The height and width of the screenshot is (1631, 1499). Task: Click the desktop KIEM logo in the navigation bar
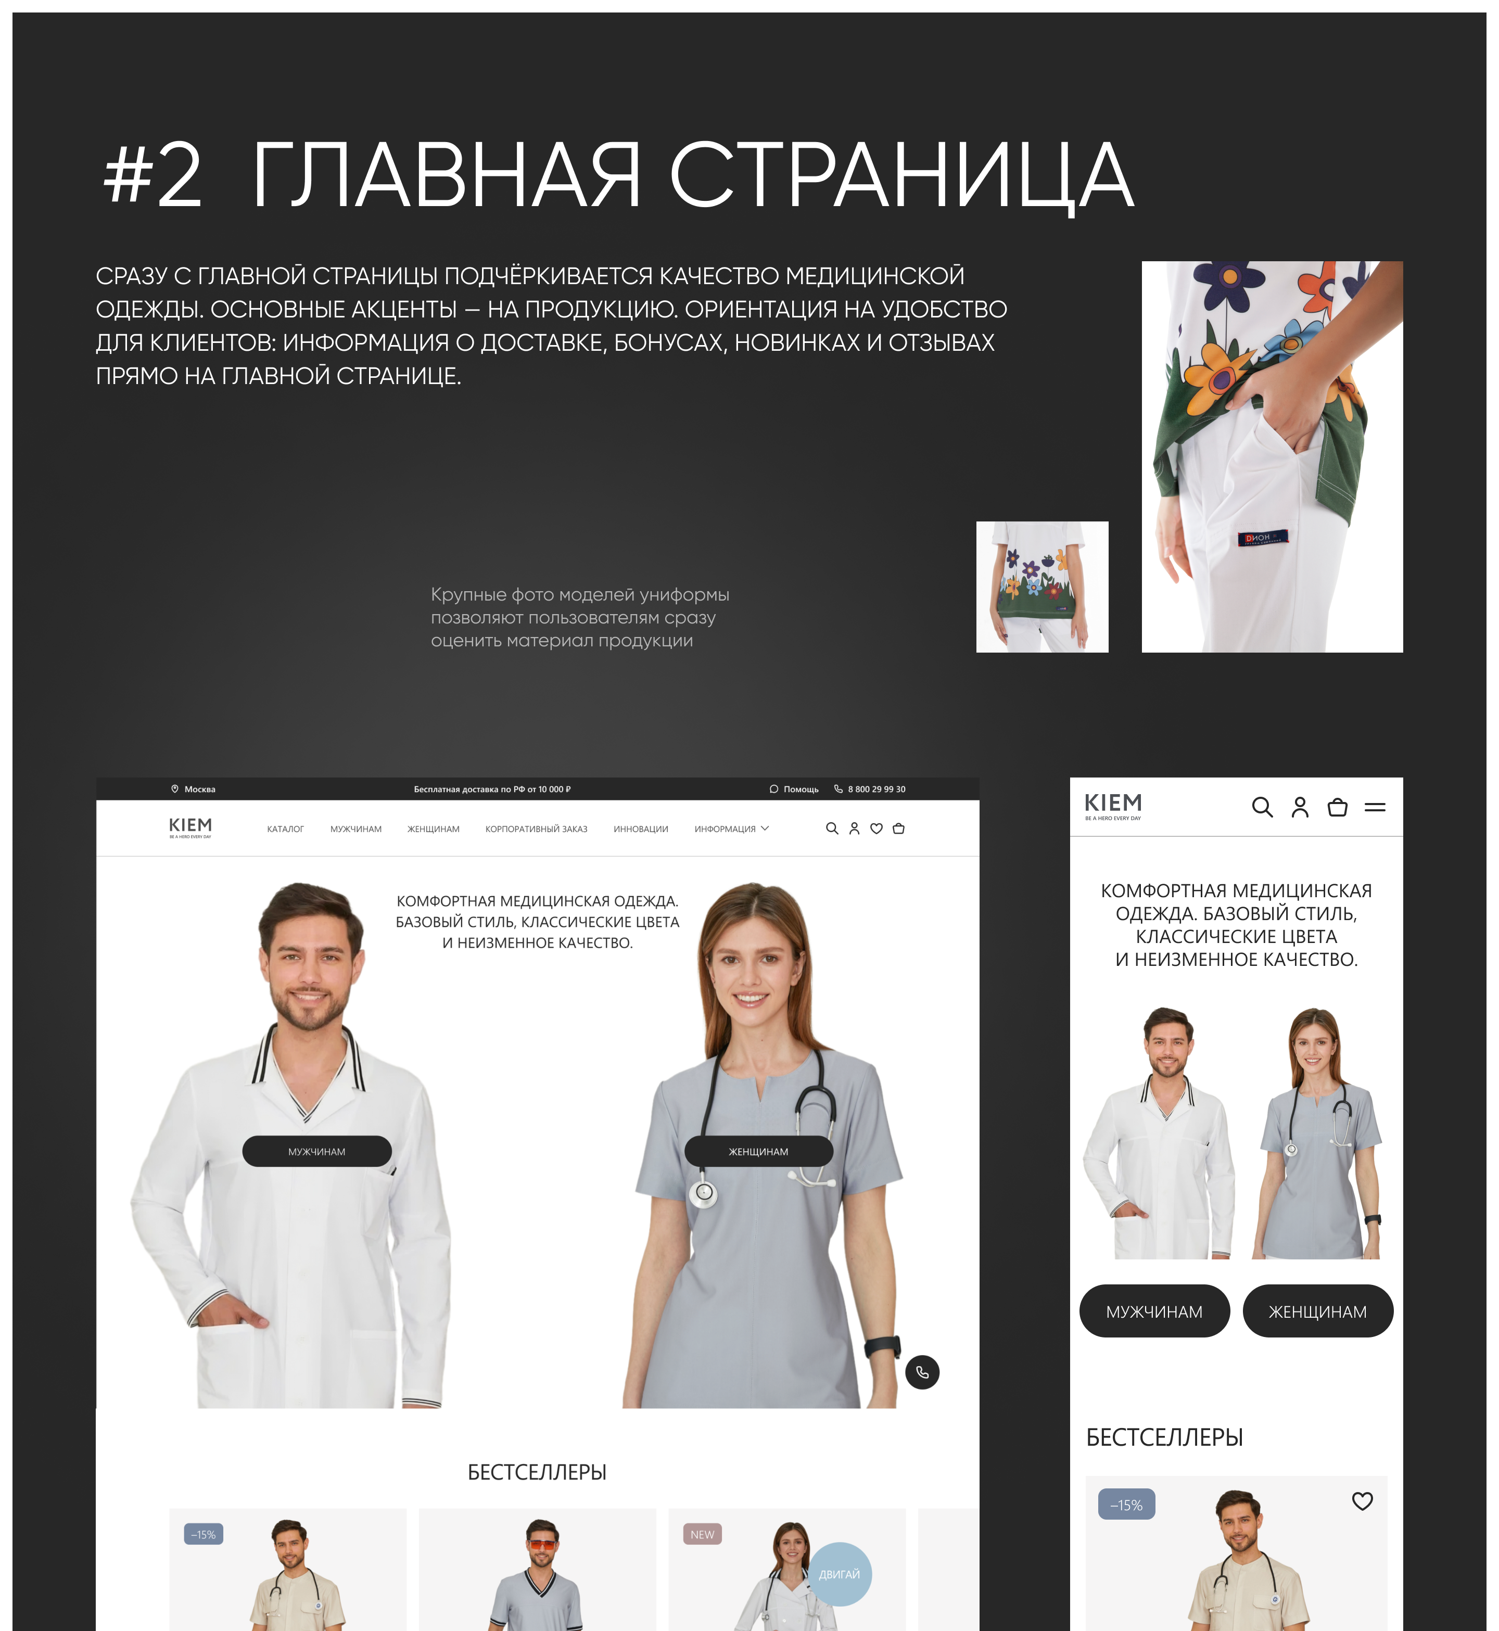coord(190,827)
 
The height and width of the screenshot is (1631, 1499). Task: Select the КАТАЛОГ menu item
coord(286,829)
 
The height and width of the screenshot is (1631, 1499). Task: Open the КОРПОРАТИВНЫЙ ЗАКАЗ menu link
coord(536,829)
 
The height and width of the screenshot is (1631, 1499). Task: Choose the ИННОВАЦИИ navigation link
coord(641,829)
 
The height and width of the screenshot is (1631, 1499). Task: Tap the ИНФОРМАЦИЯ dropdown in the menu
coord(731,829)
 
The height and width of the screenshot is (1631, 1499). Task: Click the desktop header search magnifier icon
coord(831,828)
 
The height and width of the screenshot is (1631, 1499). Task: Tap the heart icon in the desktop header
coord(876,828)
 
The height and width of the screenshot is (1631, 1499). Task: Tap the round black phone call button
coord(922,1372)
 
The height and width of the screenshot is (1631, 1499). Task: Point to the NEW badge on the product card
coord(703,1535)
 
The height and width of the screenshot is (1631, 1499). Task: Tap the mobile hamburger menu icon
coord(1375,807)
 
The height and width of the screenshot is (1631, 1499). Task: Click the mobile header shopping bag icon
coord(1338,807)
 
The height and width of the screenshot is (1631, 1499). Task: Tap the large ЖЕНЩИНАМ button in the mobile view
coord(1318,1311)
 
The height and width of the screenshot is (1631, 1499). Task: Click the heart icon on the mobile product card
coord(1363,1501)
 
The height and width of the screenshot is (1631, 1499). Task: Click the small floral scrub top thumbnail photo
coord(1043,587)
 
